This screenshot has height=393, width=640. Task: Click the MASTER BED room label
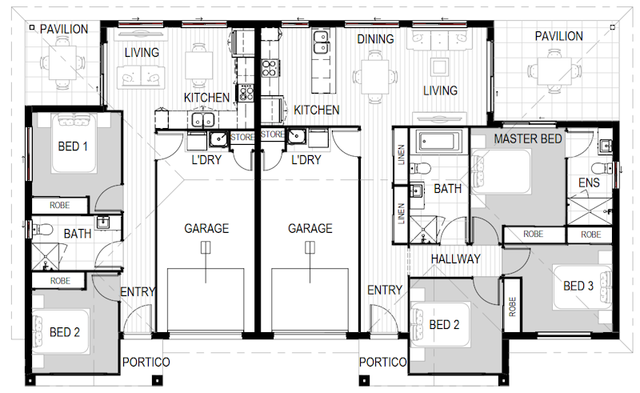pyautogui.click(x=528, y=139)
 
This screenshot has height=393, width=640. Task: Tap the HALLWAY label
pyautogui.click(x=455, y=259)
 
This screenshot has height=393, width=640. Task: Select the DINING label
pyautogui.click(x=375, y=39)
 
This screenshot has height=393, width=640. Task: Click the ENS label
pyautogui.click(x=589, y=182)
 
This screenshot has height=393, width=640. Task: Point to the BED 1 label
pyautogui.click(x=73, y=146)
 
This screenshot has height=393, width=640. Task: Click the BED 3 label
pyautogui.click(x=578, y=286)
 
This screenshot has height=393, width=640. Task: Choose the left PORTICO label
pyautogui.click(x=146, y=362)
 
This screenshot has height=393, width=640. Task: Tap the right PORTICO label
pyautogui.click(x=383, y=362)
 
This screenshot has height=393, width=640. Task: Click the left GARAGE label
pyautogui.click(x=206, y=228)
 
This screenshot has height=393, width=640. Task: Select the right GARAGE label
pyautogui.click(x=310, y=228)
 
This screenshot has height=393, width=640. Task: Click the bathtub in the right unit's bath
pyautogui.click(x=439, y=142)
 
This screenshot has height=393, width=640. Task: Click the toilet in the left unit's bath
pyautogui.click(x=42, y=230)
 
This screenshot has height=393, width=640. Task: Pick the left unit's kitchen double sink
pyautogui.click(x=203, y=120)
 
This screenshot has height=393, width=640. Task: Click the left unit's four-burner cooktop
pyautogui.click(x=246, y=92)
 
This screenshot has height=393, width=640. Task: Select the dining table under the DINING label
pyautogui.click(x=374, y=77)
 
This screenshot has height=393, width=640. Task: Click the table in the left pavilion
pyautogui.click(x=62, y=63)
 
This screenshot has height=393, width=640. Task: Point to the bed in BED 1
pyautogui.click(x=74, y=143)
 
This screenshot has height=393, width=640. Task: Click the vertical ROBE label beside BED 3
pyautogui.click(x=513, y=307)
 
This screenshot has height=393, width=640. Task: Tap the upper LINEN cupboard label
pyautogui.click(x=401, y=154)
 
